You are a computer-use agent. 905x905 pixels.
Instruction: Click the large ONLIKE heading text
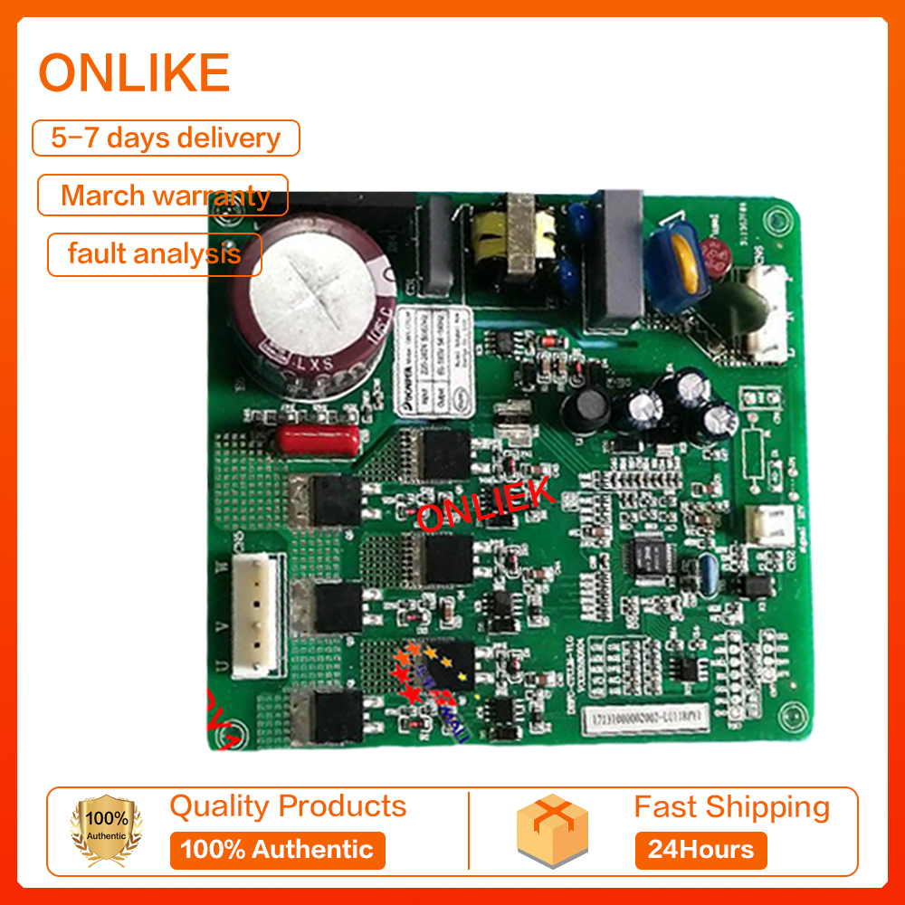tap(134, 73)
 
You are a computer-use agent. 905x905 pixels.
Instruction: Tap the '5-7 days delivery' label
tap(166, 138)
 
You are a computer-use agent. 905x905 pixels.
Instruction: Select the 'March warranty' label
tap(164, 195)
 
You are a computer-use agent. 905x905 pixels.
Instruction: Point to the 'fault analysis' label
tap(155, 253)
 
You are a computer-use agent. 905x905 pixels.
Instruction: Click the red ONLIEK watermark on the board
tap(486, 505)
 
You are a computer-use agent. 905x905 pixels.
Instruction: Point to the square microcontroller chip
tap(649, 552)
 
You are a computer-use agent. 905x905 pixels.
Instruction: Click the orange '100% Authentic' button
tap(277, 850)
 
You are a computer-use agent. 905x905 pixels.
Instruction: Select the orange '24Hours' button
tap(700, 850)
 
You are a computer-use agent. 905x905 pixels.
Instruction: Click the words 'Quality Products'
tap(288, 805)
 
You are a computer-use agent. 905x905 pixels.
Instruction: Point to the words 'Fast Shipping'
tap(731, 806)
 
